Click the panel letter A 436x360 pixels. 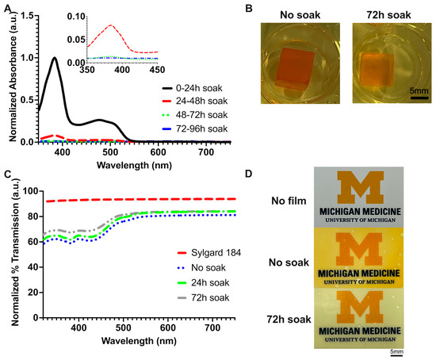(x=6, y=8)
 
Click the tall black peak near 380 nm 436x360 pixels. (x=54, y=58)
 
